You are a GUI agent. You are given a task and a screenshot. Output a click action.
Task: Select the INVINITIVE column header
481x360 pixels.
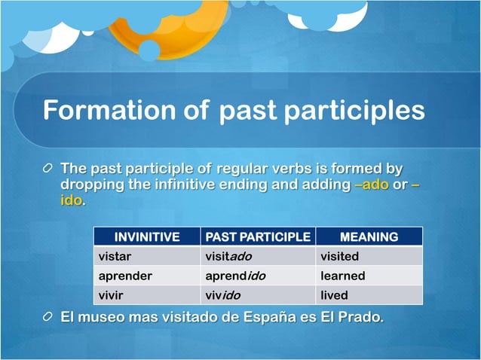(146, 237)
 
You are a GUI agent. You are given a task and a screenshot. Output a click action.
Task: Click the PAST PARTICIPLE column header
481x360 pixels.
(258, 237)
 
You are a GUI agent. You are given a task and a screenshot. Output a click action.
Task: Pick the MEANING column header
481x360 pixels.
(369, 237)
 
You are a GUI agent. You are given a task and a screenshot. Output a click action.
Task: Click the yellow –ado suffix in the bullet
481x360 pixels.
(371, 185)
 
